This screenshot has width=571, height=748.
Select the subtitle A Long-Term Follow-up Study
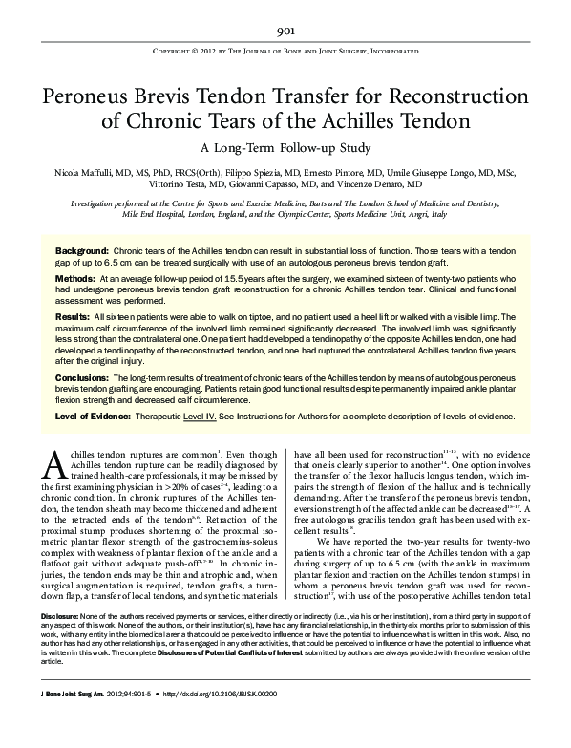[x=285, y=148]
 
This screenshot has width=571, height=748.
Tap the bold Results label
[x=73, y=314]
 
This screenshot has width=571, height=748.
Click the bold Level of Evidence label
[x=101, y=417]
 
